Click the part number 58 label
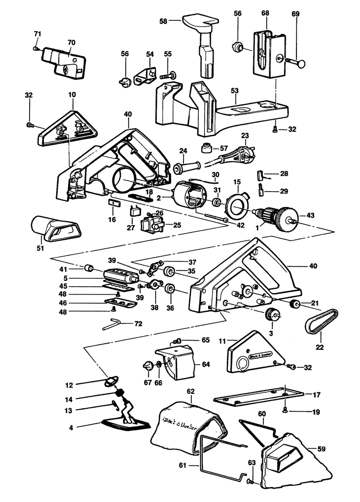pyautogui.click(x=163, y=21)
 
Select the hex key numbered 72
pyautogui.click(x=115, y=324)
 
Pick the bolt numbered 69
pyautogui.click(x=291, y=61)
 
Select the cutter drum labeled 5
pyautogui.click(x=120, y=275)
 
